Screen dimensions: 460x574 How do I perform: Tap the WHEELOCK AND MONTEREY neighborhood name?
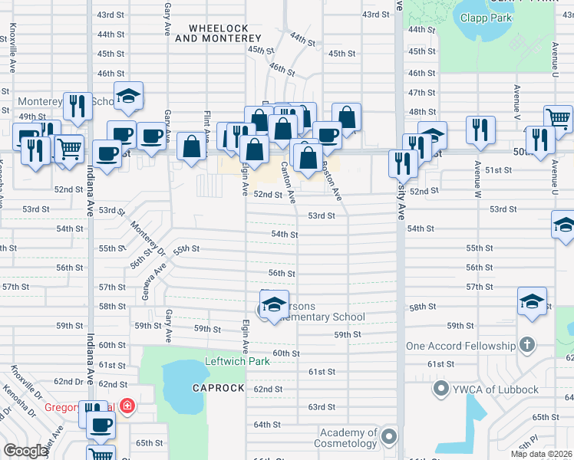pyautogui.click(x=213, y=34)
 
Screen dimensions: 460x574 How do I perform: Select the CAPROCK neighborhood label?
pyautogui.click(x=219, y=388)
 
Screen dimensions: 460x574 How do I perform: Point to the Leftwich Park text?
pyautogui.click(x=237, y=362)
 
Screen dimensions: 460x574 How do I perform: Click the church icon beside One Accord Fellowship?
pyautogui.click(x=527, y=346)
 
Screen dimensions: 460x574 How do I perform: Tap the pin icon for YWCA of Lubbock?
pyautogui.click(x=441, y=389)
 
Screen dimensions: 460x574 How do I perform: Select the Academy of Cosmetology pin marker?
pyautogui.click(x=389, y=438)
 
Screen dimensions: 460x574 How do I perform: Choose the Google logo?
pyautogui.click(x=25, y=451)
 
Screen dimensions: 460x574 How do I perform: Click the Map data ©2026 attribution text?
pyautogui.click(x=541, y=454)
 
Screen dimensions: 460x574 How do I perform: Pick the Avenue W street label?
pyautogui.click(x=477, y=177)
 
